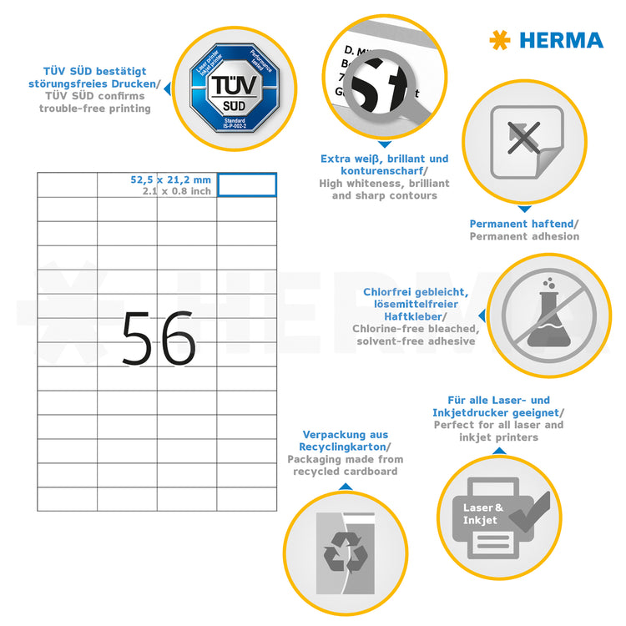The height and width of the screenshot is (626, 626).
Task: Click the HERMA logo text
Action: (561, 40)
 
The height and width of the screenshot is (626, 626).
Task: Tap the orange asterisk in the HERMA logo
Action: (500, 40)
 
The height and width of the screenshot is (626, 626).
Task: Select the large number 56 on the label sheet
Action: (158, 337)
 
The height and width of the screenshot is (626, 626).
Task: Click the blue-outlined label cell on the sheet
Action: (247, 185)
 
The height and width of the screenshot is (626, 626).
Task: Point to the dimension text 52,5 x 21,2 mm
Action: (171, 179)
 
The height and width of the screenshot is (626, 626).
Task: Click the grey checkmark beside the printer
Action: (531, 512)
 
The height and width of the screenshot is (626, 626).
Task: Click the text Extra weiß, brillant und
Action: (384, 159)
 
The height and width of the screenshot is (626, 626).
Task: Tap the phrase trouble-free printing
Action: (95, 109)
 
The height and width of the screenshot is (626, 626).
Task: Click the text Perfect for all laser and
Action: (498, 425)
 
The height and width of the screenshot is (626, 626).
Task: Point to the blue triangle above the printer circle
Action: (499, 452)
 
